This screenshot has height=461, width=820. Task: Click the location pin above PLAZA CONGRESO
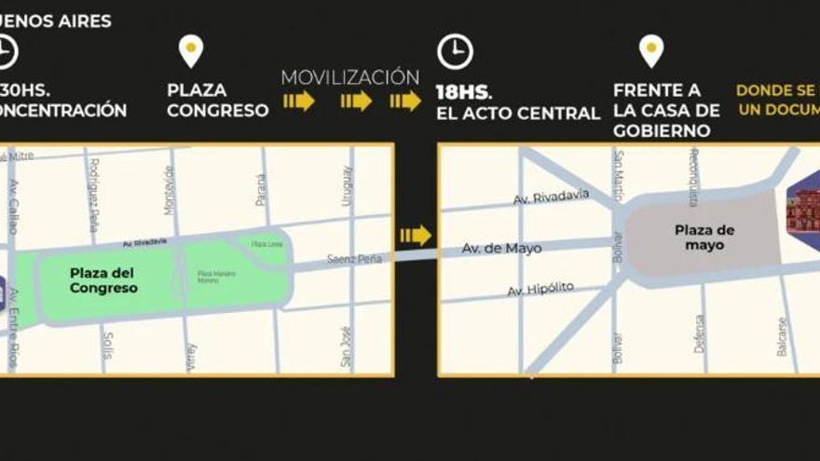(x=191, y=50)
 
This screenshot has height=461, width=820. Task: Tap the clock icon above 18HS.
(x=455, y=51)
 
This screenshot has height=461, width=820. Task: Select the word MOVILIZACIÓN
(x=350, y=77)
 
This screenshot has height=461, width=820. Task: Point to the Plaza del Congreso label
(x=102, y=280)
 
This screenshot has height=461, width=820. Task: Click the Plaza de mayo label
(x=704, y=237)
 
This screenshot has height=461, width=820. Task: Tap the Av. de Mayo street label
(x=502, y=249)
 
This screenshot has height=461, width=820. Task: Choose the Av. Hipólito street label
(x=540, y=290)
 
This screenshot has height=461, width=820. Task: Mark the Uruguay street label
(x=347, y=186)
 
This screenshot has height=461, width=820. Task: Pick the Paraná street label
(x=260, y=190)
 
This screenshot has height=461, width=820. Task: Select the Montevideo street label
(x=169, y=190)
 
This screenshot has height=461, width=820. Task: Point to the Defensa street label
(x=699, y=332)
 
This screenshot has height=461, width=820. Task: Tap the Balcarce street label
(x=781, y=336)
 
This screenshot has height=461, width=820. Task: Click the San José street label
(x=345, y=346)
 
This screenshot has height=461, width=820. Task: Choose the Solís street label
(x=108, y=345)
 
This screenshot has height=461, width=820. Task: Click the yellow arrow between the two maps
(x=416, y=236)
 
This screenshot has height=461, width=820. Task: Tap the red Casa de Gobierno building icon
(x=801, y=212)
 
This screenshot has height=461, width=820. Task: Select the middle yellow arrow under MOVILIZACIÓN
(x=356, y=101)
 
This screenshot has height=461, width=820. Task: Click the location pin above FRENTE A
(x=651, y=50)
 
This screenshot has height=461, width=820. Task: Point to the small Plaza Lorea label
(x=267, y=244)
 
